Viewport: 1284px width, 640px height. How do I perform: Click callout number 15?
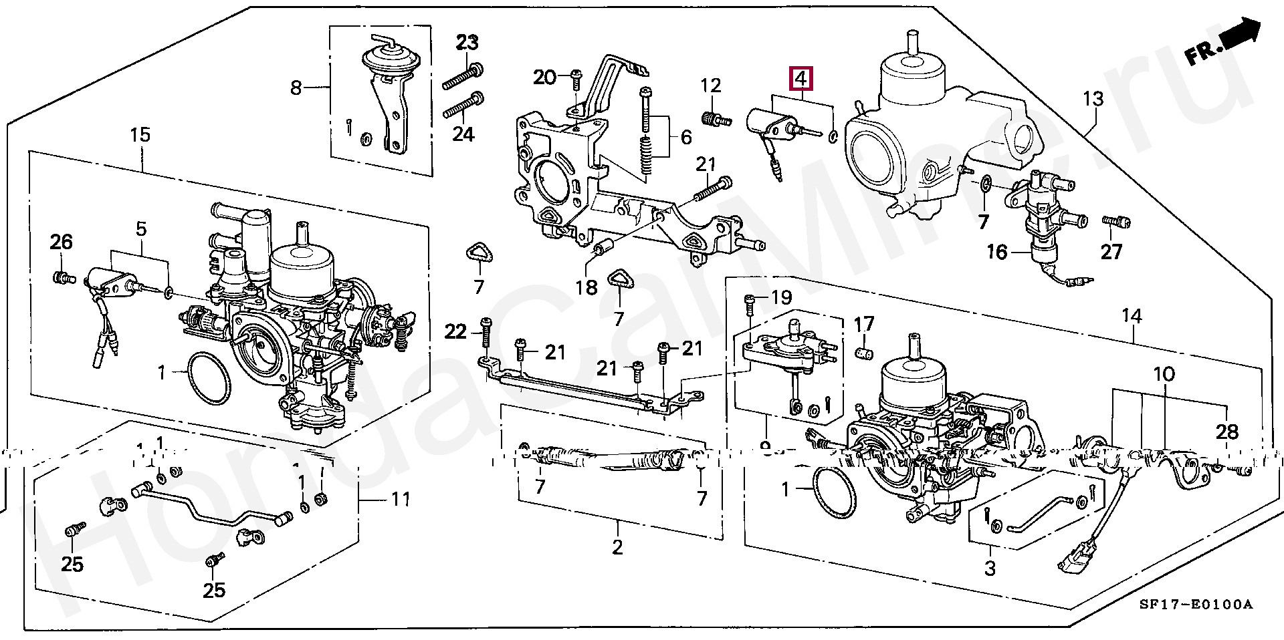pos(140,136)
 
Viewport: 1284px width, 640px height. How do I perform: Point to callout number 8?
pos(296,88)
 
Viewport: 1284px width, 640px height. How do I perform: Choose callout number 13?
pos(1093,100)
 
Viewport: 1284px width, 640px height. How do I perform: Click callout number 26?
pos(61,241)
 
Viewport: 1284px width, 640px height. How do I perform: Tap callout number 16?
pos(996,252)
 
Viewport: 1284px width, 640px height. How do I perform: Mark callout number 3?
pos(990,569)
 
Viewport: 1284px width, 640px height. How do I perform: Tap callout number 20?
pos(544,77)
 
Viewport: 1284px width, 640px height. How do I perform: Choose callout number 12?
pos(711,86)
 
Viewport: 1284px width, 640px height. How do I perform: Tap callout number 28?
pos(1227,432)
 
